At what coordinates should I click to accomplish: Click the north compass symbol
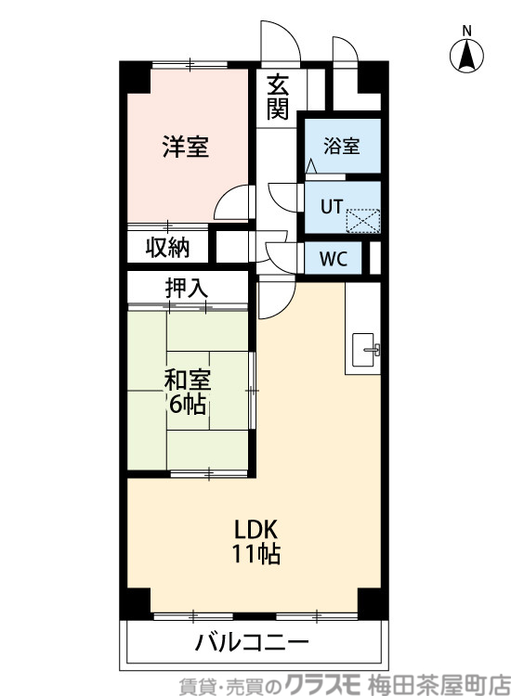click(x=467, y=58)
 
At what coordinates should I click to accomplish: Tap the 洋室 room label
click(x=185, y=148)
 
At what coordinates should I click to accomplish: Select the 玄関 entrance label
click(x=278, y=97)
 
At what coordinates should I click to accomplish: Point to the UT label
click(x=331, y=207)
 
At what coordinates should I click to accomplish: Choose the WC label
click(x=334, y=259)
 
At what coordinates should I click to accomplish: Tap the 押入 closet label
click(x=186, y=289)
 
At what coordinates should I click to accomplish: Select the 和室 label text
click(x=188, y=380)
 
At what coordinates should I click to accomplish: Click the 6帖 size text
click(x=188, y=406)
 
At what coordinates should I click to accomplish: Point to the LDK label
click(x=256, y=530)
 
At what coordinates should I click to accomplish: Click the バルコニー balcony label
click(x=252, y=642)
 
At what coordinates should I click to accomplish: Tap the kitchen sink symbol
click(x=364, y=350)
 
